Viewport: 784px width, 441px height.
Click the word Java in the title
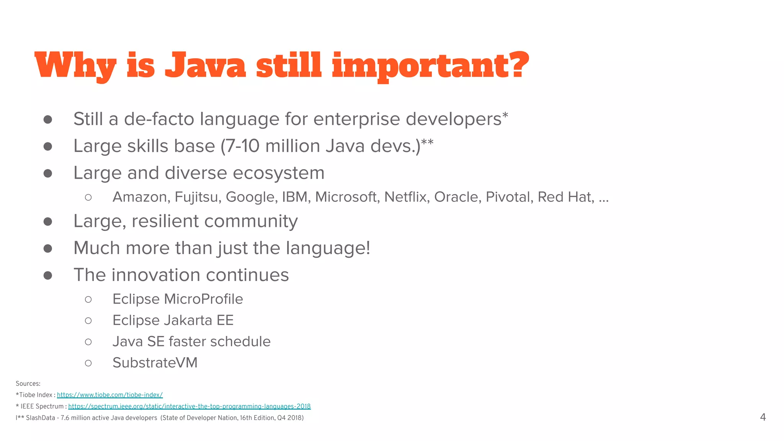pos(205,65)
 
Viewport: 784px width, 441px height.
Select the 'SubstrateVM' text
pos(155,363)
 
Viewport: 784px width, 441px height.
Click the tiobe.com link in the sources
pos(110,395)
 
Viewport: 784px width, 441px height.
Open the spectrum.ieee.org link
pos(189,407)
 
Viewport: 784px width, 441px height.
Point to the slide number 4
pos(763,417)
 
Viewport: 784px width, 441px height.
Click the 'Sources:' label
pos(28,384)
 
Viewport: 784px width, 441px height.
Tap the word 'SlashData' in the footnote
pos(41,418)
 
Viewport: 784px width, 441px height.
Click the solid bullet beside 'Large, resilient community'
pos(48,222)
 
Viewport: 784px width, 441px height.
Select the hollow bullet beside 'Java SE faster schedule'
pos(88,342)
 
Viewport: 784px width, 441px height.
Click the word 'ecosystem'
pos(278,173)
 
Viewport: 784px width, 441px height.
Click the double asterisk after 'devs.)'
pos(427,142)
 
